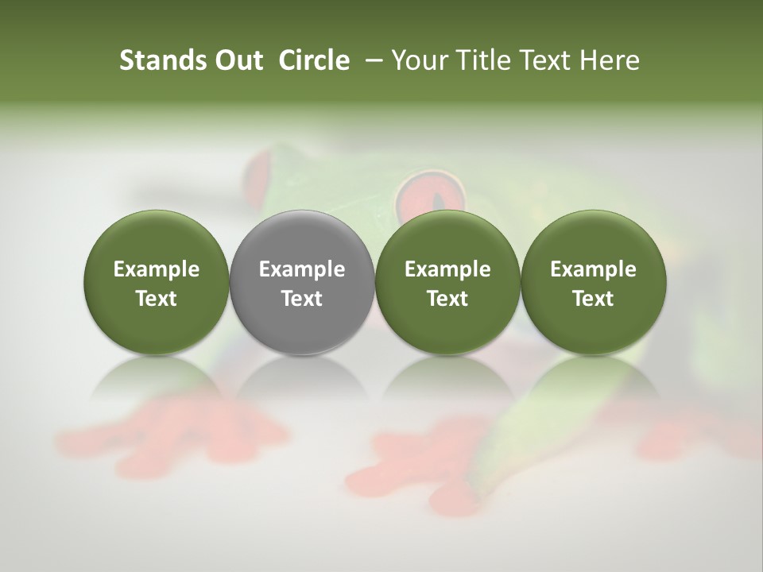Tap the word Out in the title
point(238,60)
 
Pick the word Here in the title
point(609,60)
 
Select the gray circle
point(302,282)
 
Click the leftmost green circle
point(156,282)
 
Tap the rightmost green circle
point(593,282)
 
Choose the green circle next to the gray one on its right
point(447,282)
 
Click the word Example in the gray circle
point(302,269)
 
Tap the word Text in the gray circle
point(302,299)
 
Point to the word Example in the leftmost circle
point(156,269)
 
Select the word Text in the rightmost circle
point(593,299)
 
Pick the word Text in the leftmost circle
point(156,299)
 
